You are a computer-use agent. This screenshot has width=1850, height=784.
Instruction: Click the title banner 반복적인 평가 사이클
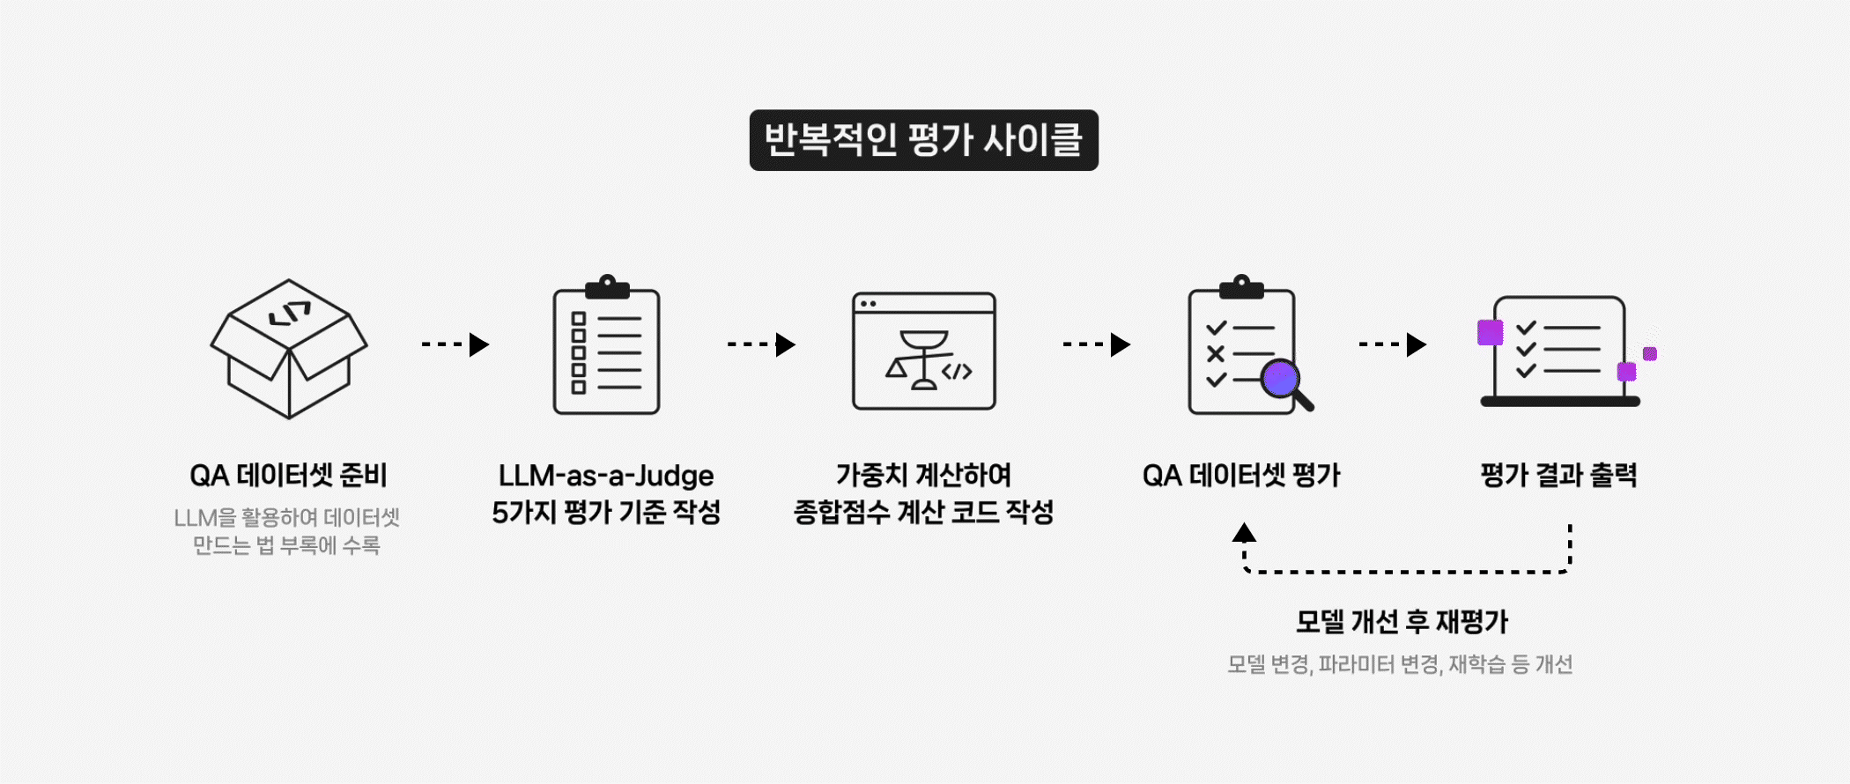pos(923,140)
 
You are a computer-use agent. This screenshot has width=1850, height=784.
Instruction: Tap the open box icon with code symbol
pos(289,349)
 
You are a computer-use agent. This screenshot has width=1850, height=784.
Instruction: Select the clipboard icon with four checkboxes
pos(606,347)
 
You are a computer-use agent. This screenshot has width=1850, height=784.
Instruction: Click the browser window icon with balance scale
pos(923,351)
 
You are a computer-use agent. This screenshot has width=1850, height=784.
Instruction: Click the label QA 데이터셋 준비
pos(289,476)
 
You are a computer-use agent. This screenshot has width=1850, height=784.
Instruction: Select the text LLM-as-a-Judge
pos(606,476)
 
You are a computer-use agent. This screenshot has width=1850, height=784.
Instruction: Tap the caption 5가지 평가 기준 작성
pos(606,512)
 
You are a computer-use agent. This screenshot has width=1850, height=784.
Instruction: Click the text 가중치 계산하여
pos(923,476)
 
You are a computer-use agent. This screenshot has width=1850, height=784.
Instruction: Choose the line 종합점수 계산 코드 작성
pos(923,512)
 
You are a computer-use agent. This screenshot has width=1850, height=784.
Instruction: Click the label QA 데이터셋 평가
pos(1241,476)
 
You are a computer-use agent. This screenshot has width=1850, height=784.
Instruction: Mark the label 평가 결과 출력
pos(1558,476)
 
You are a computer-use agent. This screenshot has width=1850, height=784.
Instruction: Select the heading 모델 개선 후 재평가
pos(1402,622)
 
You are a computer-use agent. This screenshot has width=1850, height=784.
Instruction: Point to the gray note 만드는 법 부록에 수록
pos(286,546)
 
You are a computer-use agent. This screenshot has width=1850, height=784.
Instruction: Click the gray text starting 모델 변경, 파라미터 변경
pos(1400,664)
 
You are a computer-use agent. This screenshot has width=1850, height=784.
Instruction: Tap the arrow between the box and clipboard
pos(455,344)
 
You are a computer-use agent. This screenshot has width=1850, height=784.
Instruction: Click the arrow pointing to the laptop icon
pos(1393,344)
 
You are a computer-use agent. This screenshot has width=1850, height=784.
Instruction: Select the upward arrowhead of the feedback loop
pos(1244,533)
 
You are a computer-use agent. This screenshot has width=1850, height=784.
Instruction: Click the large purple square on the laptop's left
pos(1491,333)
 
